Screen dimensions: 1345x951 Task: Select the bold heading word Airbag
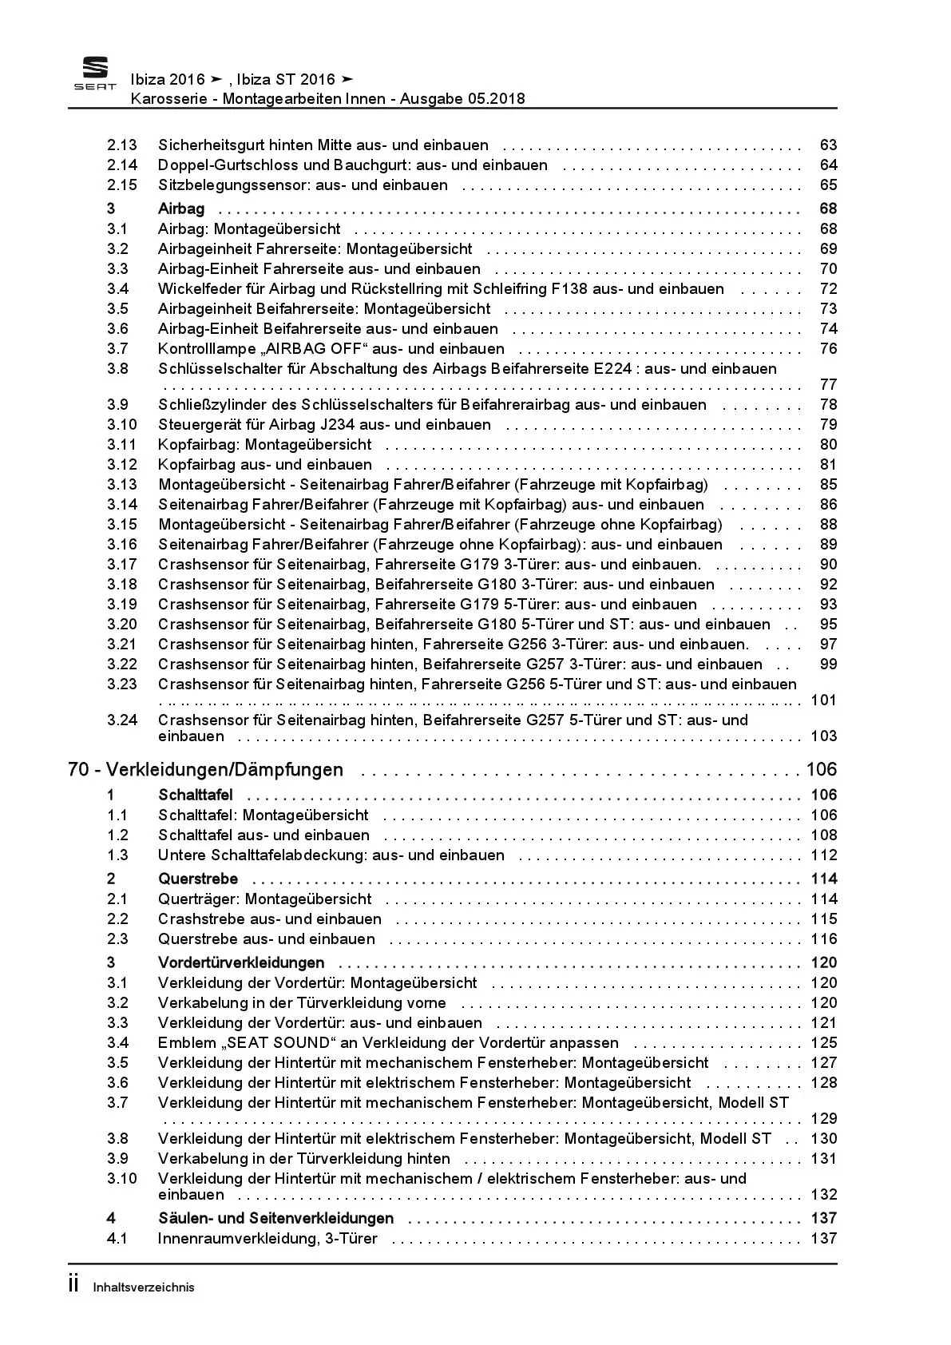pyautogui.click(x=181, y=208)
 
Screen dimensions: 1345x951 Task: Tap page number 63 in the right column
pyautogui.click(x=828, y=145)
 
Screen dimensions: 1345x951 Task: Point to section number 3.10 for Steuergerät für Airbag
pyautogui.click(x=122, y=424)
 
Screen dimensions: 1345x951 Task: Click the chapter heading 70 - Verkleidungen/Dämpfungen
pyautogui.click(x=206, y=769)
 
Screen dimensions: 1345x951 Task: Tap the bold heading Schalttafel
pyautogui.click(x=196, y=795)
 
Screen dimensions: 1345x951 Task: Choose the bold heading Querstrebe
pyautogui.click(x=198, y=879)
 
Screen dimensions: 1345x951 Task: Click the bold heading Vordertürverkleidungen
pyautogui.click(x=241, y=962)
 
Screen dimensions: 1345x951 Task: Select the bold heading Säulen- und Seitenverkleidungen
pyautogui.click(x=275, y=1218)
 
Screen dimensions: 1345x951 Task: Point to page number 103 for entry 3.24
pyautogui.click(x=824, y=736)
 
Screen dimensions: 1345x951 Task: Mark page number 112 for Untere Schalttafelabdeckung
pyautogui.click(x=824, y=855)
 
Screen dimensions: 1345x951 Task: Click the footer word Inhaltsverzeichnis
pyautogui.click(x=144, y=1287)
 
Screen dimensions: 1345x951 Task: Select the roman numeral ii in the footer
pyautogui.click(x=73, y=1284)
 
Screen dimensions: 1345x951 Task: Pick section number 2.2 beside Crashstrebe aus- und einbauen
pyautogui.click(x=117, y=918)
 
